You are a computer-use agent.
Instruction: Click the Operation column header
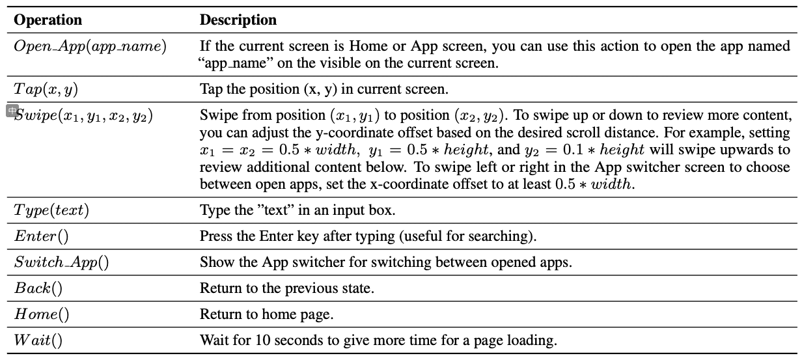coord(48,20)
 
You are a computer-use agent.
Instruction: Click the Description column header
coord(238,20)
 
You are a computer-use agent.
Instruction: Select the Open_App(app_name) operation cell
coord(90,47)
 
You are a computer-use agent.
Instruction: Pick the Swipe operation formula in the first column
coord(83,116)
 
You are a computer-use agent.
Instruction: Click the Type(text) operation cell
coord(51,210)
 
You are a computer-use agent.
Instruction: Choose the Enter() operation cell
coord(41,236)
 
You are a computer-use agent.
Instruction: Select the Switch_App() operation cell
coord(61,262)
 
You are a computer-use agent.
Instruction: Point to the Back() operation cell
coord(38,288)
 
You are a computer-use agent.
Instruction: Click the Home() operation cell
coord(42,314)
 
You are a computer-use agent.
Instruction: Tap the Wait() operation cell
coord(38,340)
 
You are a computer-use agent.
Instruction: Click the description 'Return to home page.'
coord(266,314)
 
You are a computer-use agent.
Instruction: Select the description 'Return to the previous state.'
coord(287,288)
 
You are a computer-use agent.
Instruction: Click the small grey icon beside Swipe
coord(12,111)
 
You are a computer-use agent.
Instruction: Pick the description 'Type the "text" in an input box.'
coord(297,210)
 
